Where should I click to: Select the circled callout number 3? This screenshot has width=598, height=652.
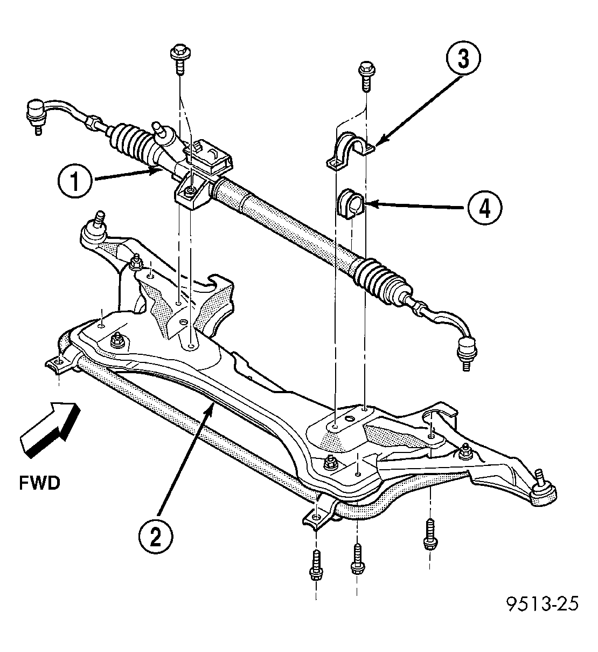463,58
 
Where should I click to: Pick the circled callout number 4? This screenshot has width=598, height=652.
485,208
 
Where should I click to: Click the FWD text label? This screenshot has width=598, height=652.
40,483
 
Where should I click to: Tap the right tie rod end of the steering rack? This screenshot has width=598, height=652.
448,334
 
